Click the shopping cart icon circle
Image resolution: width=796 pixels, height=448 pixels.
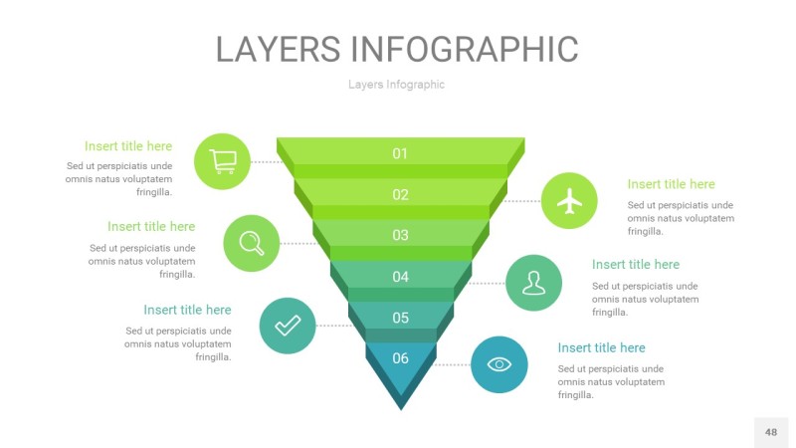223,160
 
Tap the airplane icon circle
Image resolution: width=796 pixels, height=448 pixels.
569,201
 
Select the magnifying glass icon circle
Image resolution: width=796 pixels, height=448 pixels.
252,243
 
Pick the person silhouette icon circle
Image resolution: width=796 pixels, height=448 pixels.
534,283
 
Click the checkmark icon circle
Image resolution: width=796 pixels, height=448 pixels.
288,325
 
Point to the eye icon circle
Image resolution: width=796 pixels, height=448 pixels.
499,364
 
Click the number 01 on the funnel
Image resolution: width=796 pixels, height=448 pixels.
400,153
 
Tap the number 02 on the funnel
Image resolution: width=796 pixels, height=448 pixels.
400,194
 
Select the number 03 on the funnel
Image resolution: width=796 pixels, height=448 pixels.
400,235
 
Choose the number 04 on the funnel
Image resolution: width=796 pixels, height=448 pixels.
400,277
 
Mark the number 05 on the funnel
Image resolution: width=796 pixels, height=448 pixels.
400,318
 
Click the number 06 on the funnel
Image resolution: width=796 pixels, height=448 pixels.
400,358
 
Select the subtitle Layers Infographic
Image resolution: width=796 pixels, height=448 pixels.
396,85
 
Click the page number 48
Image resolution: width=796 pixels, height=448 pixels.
771,432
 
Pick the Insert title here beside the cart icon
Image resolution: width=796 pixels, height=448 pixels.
128,146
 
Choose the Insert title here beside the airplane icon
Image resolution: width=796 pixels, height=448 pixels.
671,184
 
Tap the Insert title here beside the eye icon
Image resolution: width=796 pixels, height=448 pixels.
601,347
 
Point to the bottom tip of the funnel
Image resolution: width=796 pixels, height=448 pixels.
401,406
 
